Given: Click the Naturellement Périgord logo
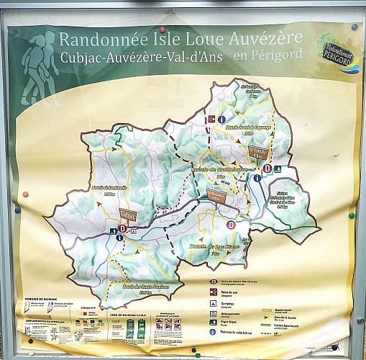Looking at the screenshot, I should click(x=336, y=50).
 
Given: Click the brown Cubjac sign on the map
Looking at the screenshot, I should click(x=128, y=215).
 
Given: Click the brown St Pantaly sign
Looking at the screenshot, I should click(x=256, y=153).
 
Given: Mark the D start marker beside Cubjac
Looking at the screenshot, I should click(x=122, y=229).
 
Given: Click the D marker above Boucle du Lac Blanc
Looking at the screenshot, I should click(x=231, y=225).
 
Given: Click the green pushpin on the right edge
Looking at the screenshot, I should click(x=352, y=215).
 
